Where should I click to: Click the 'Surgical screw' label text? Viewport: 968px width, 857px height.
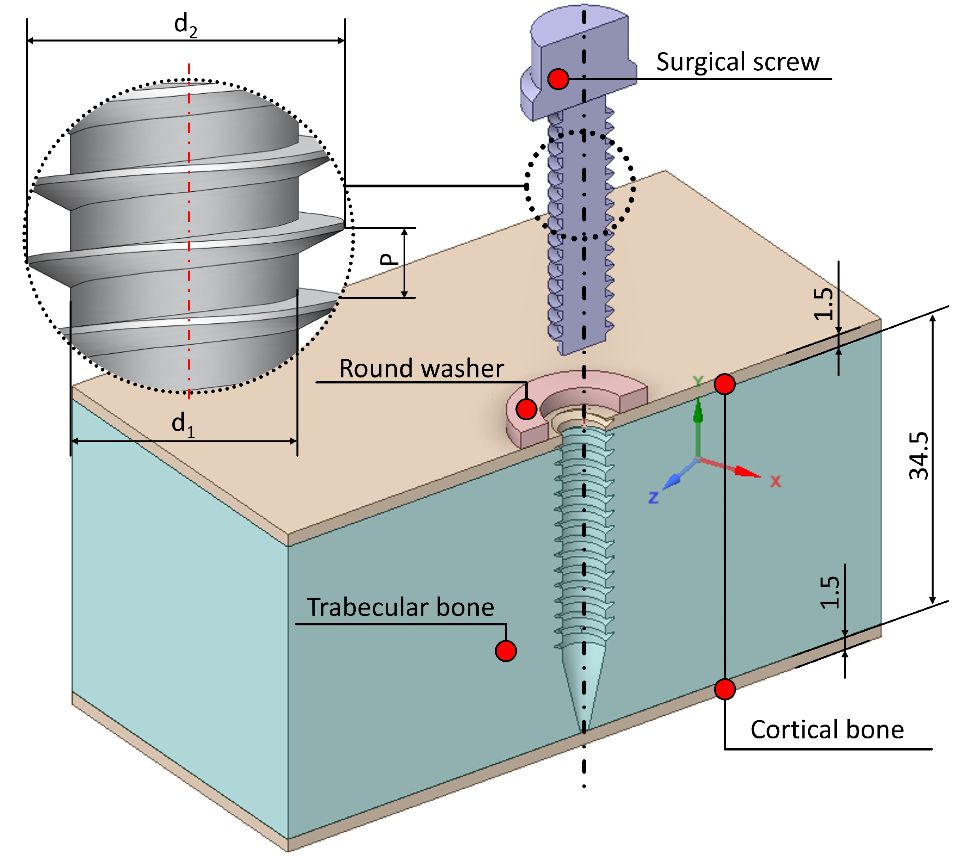tap(738, 62)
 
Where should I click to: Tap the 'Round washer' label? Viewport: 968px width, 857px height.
tap(421, 368)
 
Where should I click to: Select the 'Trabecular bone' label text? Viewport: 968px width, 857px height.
tap(400, 607)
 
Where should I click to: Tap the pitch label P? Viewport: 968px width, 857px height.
tap(389, 259)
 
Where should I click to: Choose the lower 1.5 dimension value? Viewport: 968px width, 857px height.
tap(829, 592)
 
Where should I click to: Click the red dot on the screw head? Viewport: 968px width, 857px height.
tap(559, 79)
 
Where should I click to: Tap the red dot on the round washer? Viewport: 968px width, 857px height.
tap(526, 409)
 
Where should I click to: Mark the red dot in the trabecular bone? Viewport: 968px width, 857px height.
tap(506, 651)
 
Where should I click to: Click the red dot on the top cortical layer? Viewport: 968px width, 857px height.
tap(725, 384)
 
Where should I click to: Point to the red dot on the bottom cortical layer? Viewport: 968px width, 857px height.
tap(725, 689)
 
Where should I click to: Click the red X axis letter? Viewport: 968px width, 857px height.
tap(775, 482)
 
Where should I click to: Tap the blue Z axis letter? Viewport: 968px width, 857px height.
tap(653, 497)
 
